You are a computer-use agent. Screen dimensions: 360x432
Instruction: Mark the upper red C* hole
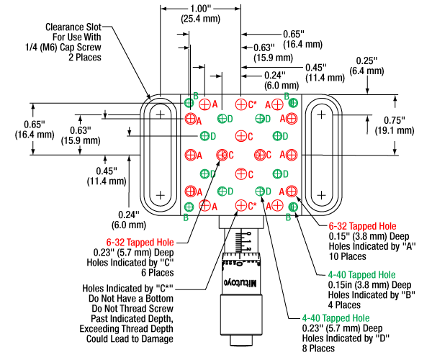[x=240, y=104]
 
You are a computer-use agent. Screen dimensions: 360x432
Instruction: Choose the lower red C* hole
[x=240, y=206]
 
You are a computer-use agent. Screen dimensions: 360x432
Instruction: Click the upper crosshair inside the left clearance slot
[x=161, y=114]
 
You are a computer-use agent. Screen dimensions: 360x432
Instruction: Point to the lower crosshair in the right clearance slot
[x=321, y=194]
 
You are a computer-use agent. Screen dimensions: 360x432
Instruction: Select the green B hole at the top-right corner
[x=293, y=104]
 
